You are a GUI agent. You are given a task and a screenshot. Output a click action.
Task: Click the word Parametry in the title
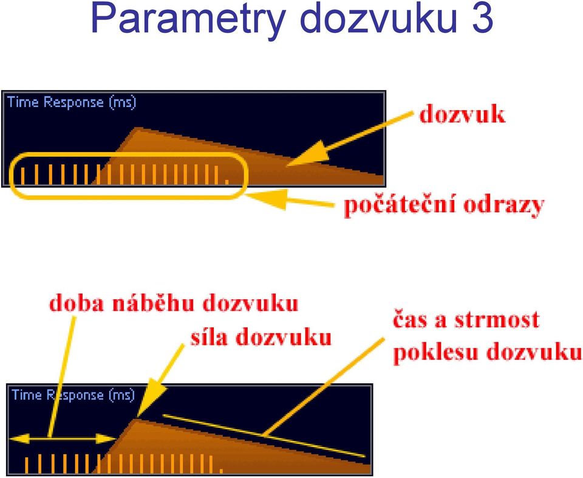[188, 19]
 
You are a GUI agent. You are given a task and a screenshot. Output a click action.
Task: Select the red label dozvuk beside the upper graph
[462, 114]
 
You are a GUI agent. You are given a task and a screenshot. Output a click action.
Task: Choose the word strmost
[497, 320]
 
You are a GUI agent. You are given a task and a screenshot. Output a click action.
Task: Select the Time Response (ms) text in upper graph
[72, 102]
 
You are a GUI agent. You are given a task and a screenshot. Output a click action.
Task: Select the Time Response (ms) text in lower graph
[73, 395]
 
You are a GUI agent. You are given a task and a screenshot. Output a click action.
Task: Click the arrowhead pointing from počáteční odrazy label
[266, 198]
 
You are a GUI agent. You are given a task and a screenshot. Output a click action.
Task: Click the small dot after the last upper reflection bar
[227, 182]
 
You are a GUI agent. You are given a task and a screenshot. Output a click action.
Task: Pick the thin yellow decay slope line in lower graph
[264, 435]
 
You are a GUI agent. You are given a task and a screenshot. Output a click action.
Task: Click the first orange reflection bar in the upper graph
[22, 176]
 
